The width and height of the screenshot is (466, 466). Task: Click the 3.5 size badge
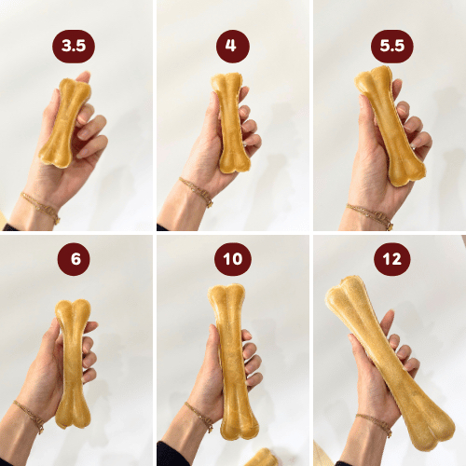click(x=74, y=47)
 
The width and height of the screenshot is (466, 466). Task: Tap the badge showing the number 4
click(x=233, y=47)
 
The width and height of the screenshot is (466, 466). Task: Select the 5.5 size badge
click(x=392, y=47)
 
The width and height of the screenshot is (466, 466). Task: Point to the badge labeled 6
click(x=74, y=259)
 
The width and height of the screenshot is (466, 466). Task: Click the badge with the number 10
click(x=233, y=259)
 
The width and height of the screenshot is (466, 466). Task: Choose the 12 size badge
click(x=392, y=259)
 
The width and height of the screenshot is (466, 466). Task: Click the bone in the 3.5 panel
click(x=65, y=123)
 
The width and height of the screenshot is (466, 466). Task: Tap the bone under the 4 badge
click(x=230, y=123)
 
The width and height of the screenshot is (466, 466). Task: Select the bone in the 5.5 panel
click(x=390, y=126)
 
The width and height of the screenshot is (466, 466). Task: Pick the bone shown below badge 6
click(x=73, y=364)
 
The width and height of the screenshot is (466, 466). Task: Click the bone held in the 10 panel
click(x=232, y=362)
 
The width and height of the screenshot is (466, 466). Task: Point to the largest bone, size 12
click(x=389, y=362)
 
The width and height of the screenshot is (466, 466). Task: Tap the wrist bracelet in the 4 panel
click(x=197, y=191)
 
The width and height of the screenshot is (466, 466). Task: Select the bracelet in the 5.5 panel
click(x=371, y=215)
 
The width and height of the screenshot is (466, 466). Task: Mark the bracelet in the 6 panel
click(x=30, y=417)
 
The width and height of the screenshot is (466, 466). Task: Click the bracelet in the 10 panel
click(x=199, y=417)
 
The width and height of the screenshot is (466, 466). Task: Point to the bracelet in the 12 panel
click(x=376, y=423)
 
